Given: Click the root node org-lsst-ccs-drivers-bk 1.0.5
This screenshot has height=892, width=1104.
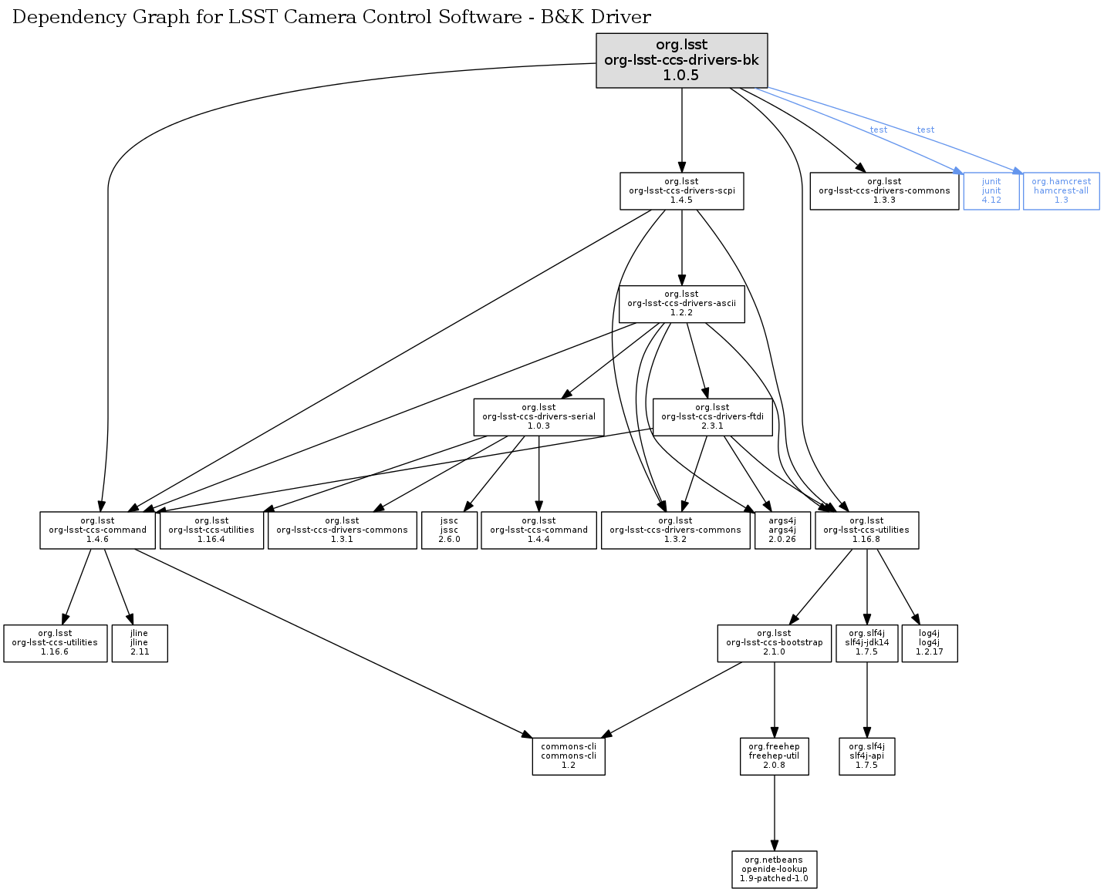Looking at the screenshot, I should click(681, 60).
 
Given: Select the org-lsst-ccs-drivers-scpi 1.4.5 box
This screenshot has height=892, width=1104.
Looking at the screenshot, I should click(681, 190).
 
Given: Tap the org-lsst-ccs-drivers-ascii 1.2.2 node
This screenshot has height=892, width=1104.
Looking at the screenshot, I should click(681, 303).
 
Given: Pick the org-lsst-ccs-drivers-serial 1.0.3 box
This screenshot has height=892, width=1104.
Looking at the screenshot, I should click(538, 416).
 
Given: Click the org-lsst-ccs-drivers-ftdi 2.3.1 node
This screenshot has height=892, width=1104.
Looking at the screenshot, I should click(712, 416).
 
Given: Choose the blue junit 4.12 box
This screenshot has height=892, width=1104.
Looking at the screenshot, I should click(991, 190).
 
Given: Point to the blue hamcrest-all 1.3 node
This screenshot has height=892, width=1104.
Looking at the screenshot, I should click(1061, 190).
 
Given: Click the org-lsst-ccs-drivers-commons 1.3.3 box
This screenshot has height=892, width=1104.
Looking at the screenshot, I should click(884, 190).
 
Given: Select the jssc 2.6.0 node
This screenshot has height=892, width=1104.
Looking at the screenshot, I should click(449, 530).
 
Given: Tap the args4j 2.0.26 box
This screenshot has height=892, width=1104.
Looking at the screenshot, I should click(782, 530).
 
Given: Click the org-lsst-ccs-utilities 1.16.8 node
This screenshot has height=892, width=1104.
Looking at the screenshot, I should click(866, 530).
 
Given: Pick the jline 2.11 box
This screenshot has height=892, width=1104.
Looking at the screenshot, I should click(139, 642).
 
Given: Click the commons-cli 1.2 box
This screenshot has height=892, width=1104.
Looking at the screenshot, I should click(568, 756).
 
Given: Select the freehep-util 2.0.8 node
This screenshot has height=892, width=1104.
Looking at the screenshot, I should click(774, 756).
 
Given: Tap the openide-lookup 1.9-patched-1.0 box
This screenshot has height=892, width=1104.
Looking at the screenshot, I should click(774, 869).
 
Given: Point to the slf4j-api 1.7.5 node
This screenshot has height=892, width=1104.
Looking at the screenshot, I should click(866, 756).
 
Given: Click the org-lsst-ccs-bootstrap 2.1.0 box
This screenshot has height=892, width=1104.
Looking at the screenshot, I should click(774, 642).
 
